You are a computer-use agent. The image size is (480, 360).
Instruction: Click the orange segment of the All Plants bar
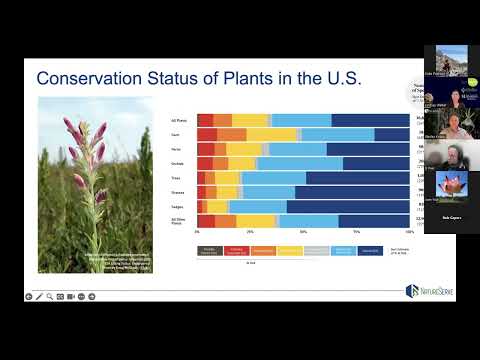(x=222, y=120)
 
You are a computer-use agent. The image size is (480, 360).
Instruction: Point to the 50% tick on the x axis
(x=303, y=231)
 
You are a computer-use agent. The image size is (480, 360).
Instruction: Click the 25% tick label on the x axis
(x=250, y=231)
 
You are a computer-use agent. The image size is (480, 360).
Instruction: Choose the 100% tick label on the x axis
(x=409, y=231)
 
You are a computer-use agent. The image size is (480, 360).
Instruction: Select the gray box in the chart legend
(x=315, y=248)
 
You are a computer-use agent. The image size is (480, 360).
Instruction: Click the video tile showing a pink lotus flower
(x=451, y=186)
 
